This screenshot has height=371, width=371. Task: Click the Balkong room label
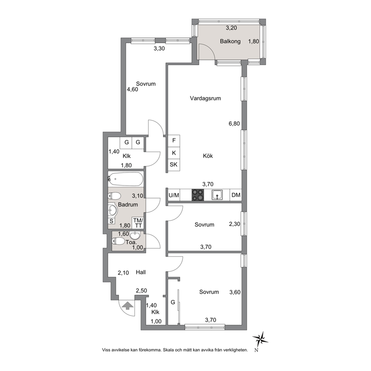point(230,42)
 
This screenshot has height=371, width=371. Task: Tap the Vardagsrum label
point(205,98)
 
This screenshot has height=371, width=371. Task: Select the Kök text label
point(208,156)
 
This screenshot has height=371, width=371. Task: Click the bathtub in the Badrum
point(126,179)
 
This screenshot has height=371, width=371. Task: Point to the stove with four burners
point(197,195)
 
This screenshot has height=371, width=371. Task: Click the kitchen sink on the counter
point(217,195)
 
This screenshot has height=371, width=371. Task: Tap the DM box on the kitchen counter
point(236,195)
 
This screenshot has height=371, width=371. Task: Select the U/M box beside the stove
point(174,195)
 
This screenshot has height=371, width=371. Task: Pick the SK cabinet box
point(174,165)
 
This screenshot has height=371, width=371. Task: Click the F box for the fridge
point(174,141)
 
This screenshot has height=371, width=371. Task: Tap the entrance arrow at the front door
point(128,306)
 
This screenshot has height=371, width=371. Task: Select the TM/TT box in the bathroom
point(138,223)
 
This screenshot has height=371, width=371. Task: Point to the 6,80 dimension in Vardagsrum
point(234,123)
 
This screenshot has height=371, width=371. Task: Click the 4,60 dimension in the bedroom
point(132,89)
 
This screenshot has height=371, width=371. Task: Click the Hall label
point(141,272)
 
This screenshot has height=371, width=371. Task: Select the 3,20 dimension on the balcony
point(231,28)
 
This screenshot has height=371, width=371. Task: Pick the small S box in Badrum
point(111,221)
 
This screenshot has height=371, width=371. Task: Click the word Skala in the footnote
point(168,350)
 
